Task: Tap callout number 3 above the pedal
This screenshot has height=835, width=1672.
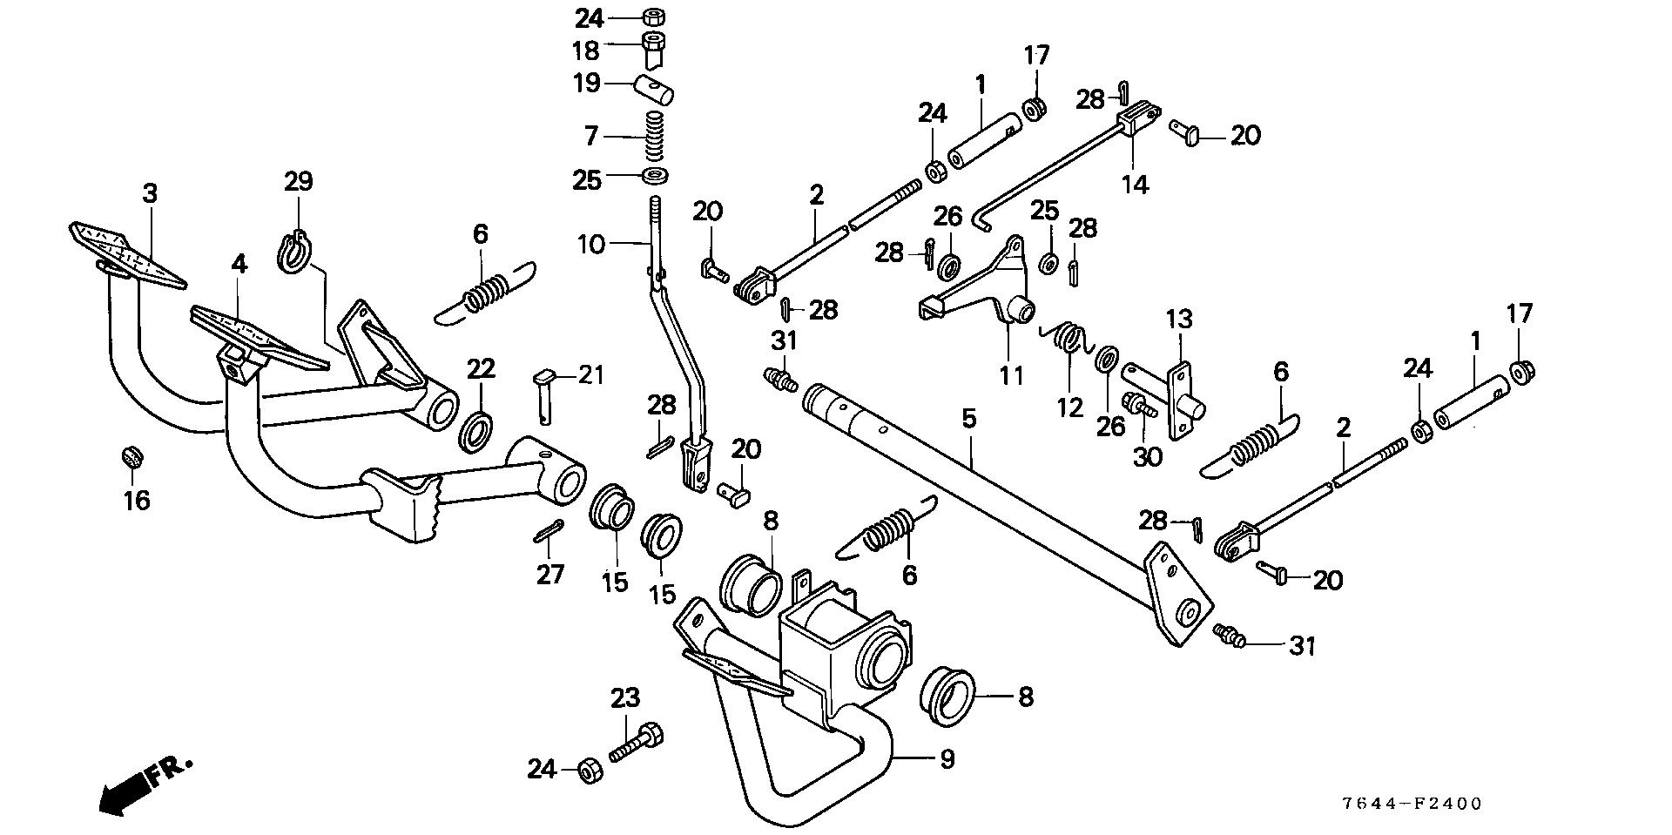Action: [x=150, y=193]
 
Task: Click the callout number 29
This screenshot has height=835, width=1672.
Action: [x=299, y=182]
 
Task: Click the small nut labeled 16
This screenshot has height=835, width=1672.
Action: [x=131, y=455]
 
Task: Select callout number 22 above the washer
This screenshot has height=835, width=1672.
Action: [x=480, y=368]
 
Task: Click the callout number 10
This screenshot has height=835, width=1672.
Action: [x=591, y=245]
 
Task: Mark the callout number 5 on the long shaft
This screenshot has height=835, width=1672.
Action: [x=969, y=419]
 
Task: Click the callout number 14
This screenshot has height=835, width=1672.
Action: [x=1136, y=185]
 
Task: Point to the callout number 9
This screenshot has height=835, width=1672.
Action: [x=947, y=759]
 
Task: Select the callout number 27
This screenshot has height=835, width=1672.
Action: [x=549, y=574]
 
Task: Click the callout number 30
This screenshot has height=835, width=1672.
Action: [x=1149, y=456]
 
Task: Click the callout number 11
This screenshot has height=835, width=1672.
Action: [x=1011, y=375]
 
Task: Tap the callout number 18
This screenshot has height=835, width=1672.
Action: [x=587, y=50]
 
